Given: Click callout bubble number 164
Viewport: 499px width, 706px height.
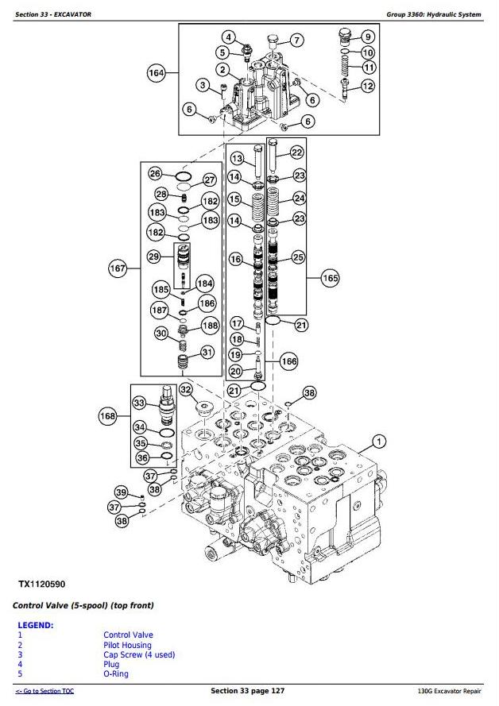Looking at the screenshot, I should point(157,74).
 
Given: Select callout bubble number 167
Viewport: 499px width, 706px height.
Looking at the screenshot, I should point(118,269).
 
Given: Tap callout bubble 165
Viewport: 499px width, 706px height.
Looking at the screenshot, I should point(330,278).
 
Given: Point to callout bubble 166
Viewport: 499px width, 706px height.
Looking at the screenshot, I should point(288,361).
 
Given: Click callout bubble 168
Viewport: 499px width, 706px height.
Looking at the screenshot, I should point(108,415).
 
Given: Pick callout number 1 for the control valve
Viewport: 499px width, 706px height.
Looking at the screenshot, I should point(378,442).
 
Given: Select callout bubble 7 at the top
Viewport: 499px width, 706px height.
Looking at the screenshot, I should point(295,41).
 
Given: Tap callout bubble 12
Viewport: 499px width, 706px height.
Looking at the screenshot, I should point(367,85).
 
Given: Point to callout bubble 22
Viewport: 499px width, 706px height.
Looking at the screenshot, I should point(296,153).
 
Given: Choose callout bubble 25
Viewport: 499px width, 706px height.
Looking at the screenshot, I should point(298,257).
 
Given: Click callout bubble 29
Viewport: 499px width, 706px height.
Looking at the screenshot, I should point(154,256).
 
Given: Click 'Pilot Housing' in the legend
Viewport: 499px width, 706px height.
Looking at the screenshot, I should point(127,645).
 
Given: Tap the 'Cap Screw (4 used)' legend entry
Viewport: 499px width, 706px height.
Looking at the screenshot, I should point(139,654).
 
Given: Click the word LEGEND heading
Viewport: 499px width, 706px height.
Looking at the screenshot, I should point(35,625).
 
